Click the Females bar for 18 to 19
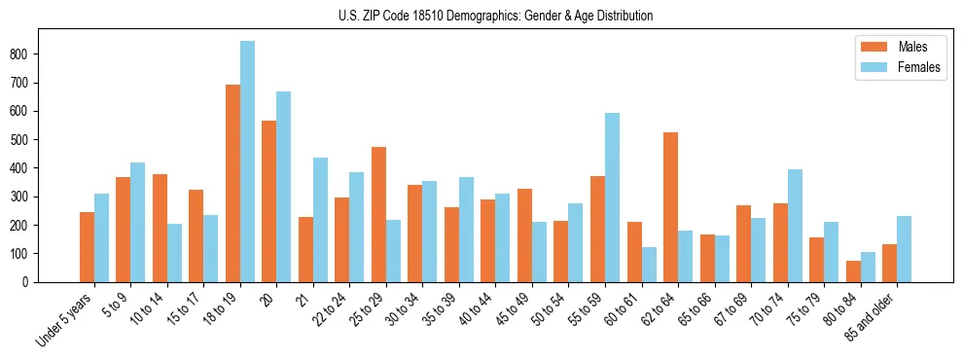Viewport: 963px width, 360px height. tap(247, 162)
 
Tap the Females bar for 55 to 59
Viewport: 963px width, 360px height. tap(612, 198)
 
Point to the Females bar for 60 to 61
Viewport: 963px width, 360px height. tap(649, 265)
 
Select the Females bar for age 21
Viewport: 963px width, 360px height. tap(320, 220)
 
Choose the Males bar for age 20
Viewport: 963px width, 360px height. tap(269, 201)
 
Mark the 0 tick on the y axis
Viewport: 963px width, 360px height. tap(31, 282)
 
